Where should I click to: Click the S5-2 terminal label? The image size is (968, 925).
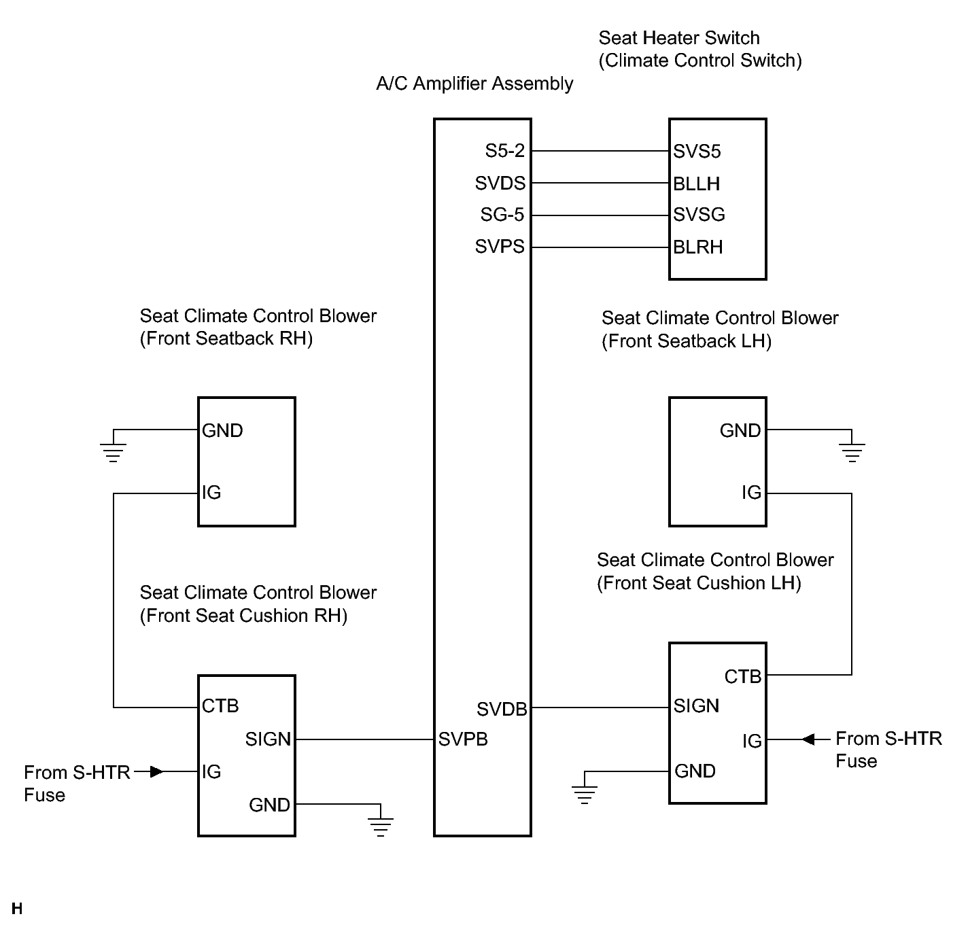505,151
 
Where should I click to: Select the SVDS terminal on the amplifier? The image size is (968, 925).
500,183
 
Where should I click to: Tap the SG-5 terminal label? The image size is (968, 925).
502,215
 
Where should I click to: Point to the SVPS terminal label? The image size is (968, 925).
500,247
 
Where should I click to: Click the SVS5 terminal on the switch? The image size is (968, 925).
697,151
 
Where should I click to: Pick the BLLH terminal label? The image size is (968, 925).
696,184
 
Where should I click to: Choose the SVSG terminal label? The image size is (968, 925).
699,215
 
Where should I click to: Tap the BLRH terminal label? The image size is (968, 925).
698,247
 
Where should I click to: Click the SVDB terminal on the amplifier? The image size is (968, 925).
502,709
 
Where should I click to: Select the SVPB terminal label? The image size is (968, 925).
463,739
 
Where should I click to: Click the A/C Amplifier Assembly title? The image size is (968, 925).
474,84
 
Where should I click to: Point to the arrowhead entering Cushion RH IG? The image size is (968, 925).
157,771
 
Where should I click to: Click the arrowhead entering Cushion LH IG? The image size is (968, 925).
808,739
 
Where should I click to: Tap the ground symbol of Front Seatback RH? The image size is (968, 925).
113,453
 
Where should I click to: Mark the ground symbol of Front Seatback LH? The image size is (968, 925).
852,453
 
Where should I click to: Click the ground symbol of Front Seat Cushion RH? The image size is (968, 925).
381,827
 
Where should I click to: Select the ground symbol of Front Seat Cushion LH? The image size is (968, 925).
585,795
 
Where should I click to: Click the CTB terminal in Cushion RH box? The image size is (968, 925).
220,706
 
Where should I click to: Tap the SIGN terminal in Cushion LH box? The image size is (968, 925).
696,706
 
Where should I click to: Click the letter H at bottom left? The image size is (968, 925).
17,909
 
